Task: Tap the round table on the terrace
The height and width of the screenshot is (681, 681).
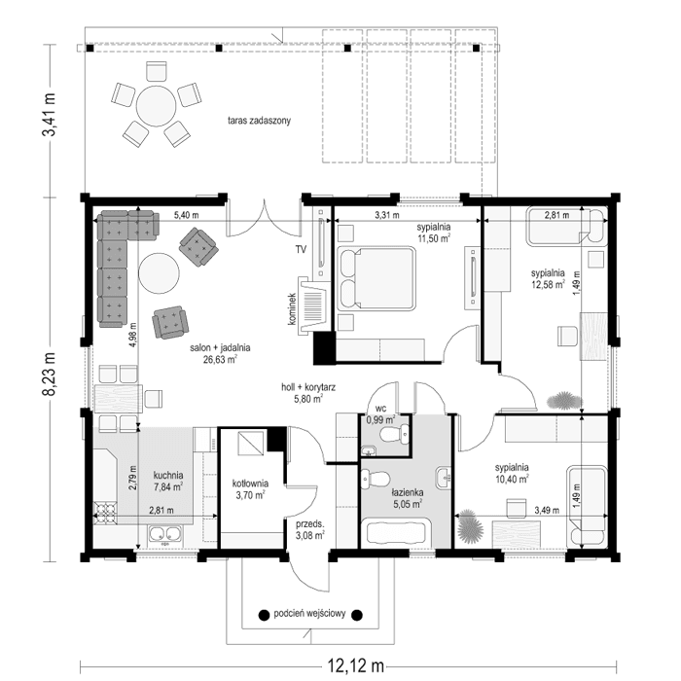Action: [155, 106]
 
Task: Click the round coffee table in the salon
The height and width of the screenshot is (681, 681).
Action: [159, 274]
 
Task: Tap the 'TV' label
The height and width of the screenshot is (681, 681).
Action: [302, 249]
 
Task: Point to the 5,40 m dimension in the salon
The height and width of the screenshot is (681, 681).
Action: [186, 215]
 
